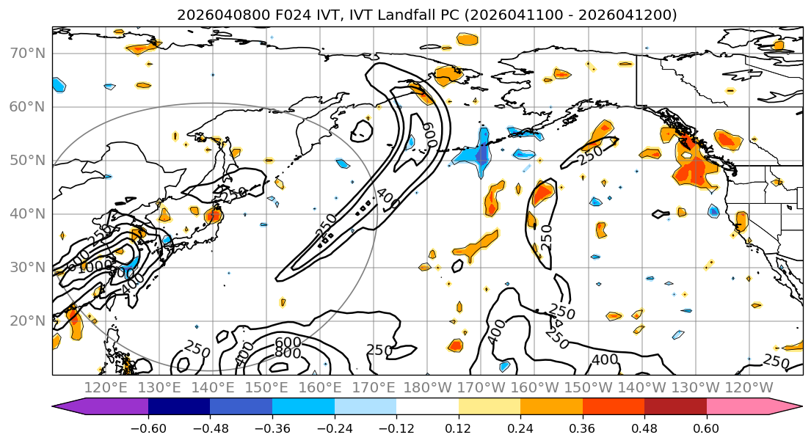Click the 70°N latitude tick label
(26, 53)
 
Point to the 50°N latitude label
(26, 160)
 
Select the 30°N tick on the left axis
(26, 267)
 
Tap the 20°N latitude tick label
(26, 321)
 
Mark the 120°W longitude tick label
(749, 387)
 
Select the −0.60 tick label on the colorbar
(148, 428)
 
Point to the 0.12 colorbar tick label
(458, 428)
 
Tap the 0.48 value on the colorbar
(644, 428)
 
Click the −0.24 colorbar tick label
(334, 428)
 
